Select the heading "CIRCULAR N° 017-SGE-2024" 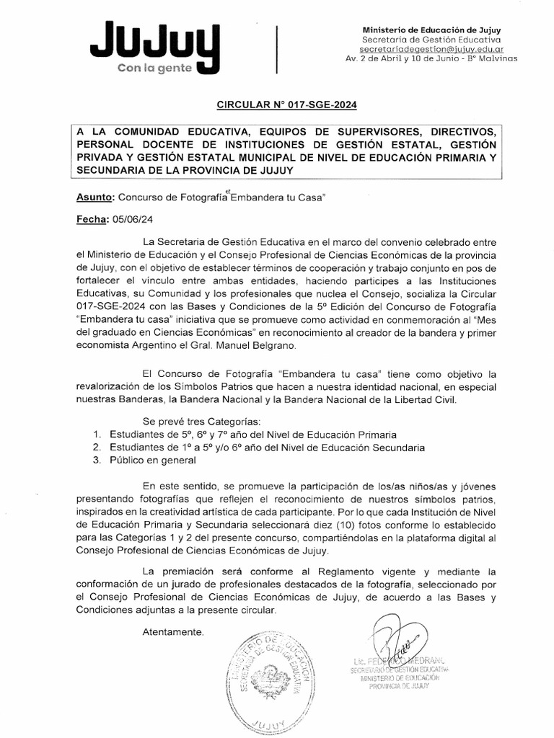pyautogui.click(x=287, y=105)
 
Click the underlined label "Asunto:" pyautogui.click(x=94, y=197)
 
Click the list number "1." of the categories pyautogui.click(x=97, y=435)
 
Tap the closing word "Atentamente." pyautogui.click(x=173, y=632)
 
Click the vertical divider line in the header pyautogui.click(x=277, y=48)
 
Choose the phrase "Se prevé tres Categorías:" pyautogui.click(x=201, y=421)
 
